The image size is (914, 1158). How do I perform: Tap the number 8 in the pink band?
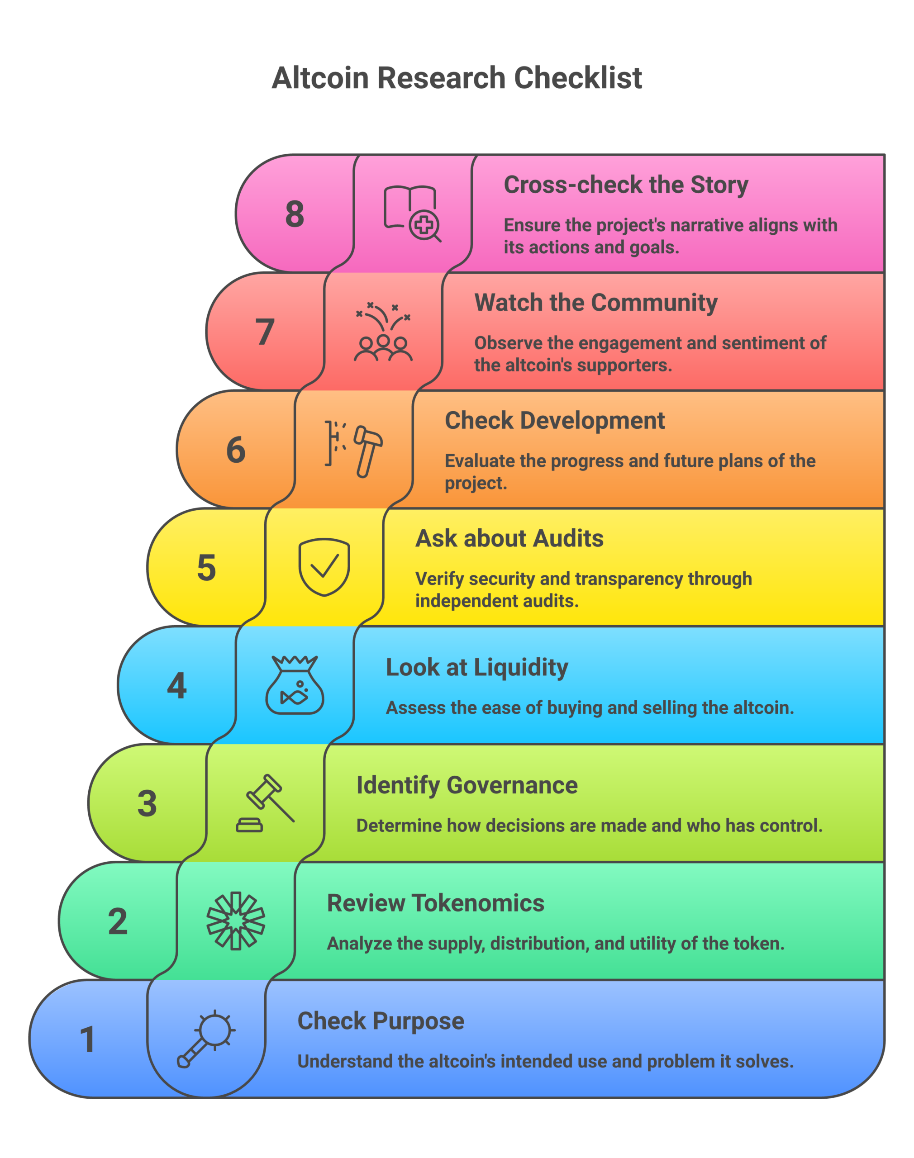[x=294, y=214]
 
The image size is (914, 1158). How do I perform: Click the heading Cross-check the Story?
[x=626, y=185]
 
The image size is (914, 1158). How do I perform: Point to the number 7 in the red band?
[x=265, y=332]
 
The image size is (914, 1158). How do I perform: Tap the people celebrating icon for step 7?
[x=383, y=332]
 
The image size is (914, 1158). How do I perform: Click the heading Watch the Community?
[x=595, y=303]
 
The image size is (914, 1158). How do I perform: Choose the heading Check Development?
[x=554, y=420]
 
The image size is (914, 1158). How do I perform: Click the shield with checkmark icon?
[x=324, y=567]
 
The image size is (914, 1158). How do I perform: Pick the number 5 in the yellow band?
[x=207, y=568]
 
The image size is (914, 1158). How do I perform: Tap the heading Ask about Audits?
[x=509, y=539]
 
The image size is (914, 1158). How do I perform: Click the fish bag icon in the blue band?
[x=295, y=685]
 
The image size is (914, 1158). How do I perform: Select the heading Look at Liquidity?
[x=477, y=668]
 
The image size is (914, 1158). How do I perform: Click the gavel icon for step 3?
[x=265, y=803]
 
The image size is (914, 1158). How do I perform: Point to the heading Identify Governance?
[x=467, y=785]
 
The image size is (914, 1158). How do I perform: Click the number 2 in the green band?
[x=118, y=921]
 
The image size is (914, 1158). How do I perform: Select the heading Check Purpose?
[x=381, y=1021]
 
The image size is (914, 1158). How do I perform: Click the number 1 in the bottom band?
[x=88, y=1039]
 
